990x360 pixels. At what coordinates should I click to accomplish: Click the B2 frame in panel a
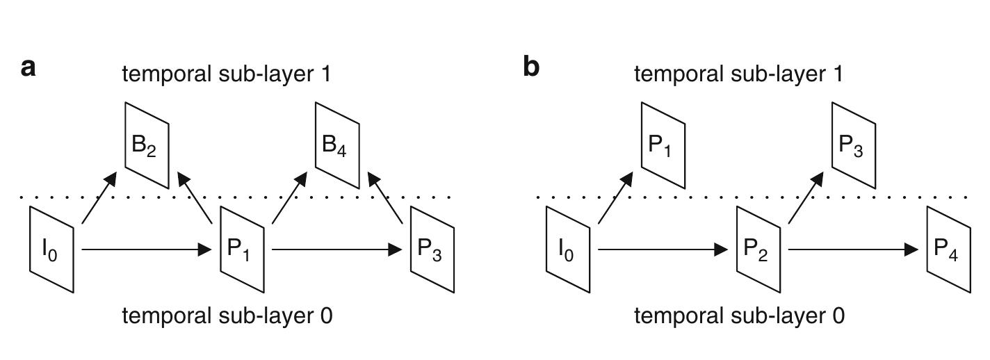pos(147,145)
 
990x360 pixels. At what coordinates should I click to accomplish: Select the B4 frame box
pos(337,145)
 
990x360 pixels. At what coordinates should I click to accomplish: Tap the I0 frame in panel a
pos(51,249)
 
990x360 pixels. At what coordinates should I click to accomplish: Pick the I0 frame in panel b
pos(568,249)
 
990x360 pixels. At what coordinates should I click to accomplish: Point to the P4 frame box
pos(949,249)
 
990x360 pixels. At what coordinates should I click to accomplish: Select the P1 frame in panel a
pos(242,249)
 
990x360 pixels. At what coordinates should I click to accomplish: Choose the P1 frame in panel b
pos(663,145)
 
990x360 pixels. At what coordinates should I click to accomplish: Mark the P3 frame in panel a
pos(432,249)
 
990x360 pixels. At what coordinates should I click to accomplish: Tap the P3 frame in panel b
pos(854,145)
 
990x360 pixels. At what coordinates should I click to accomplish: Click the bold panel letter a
pos(29,67)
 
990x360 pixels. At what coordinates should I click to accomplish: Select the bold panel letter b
pos(530,67)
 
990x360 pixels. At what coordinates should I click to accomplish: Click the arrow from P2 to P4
pos(854,249)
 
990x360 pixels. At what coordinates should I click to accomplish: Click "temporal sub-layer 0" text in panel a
pos(227,316)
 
